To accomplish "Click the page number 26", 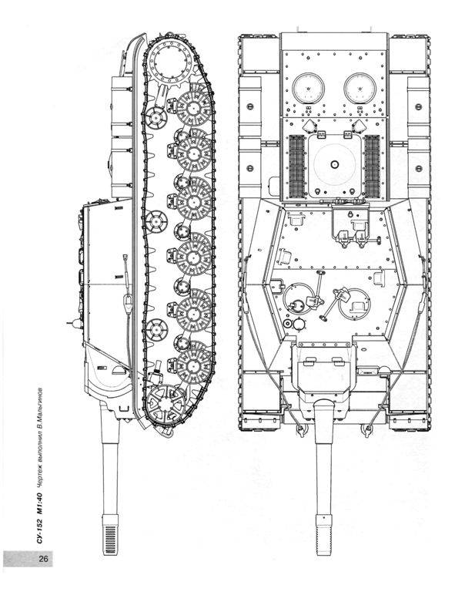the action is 43,558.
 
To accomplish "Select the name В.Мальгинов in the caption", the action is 39,407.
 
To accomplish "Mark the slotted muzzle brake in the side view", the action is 110,534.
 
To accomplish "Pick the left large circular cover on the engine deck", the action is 308,89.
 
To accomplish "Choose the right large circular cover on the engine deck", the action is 360,89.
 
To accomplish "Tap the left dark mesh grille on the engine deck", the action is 296,166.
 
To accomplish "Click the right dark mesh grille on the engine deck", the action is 372,166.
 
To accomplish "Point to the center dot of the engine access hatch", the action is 334,164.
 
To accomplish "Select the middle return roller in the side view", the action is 156,221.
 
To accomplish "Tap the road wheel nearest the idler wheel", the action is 193,365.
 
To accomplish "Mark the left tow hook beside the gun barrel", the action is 300,429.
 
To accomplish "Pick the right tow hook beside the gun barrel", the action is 366,429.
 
